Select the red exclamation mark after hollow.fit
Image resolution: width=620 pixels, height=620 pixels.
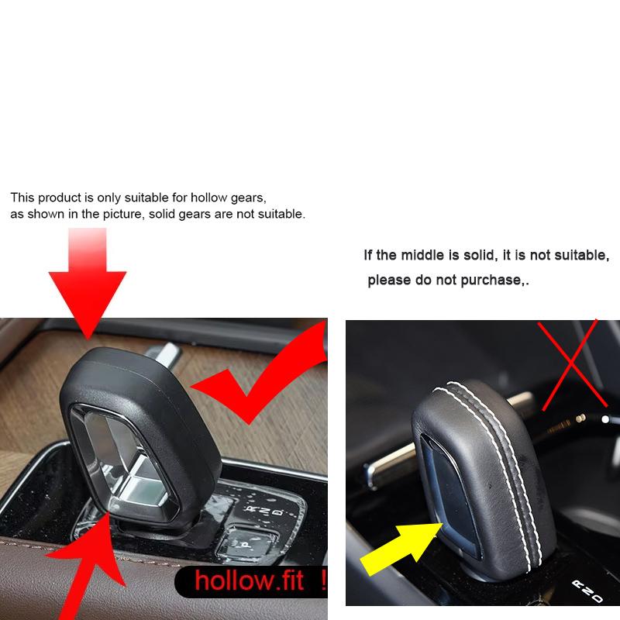[x=322, y=580]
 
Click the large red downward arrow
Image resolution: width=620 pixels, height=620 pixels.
[x=88, y=283]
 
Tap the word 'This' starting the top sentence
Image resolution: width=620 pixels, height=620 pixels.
[x=22, y=198]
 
